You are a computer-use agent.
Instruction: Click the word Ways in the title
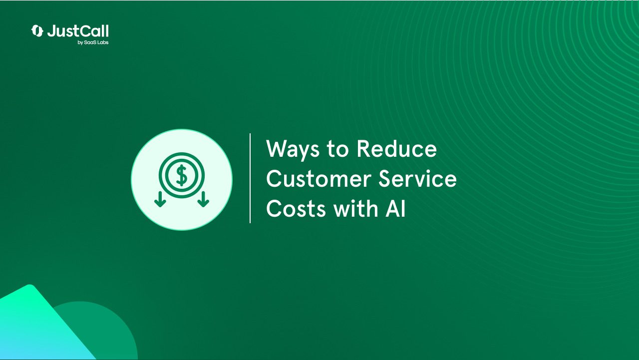coord(293,149)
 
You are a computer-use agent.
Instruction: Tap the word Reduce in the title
coord(396,148)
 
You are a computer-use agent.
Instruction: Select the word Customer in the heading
coord(319,179)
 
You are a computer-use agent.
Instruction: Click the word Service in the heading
coord(418,179)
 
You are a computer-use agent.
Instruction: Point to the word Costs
coord(296,209)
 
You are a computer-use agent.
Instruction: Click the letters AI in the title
coord(396,209)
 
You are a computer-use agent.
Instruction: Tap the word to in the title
coord(338,149)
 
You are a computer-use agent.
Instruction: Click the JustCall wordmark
coord(78,31)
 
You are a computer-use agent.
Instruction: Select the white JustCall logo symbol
coord(37,31)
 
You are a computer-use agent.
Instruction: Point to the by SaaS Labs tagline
coord(93,42)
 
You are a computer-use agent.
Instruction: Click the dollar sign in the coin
coord(182,175)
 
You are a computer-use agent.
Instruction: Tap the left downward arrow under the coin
coord(160,199)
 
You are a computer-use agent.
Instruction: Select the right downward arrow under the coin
coord(203,199)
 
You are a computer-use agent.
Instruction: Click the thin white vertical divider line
coord(250,178)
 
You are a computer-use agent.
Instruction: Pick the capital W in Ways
coord(278,148)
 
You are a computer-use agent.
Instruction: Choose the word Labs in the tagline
coord(103,42)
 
